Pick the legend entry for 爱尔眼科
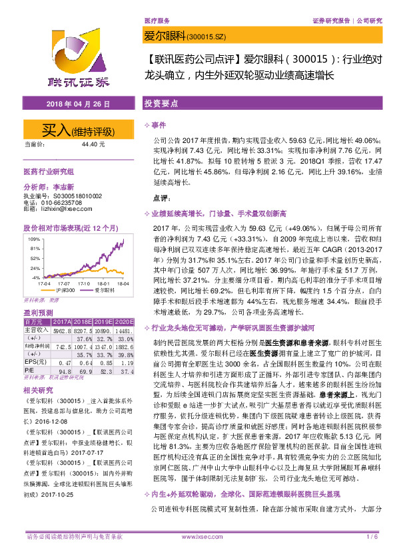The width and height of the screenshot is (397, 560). click(86, 290)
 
